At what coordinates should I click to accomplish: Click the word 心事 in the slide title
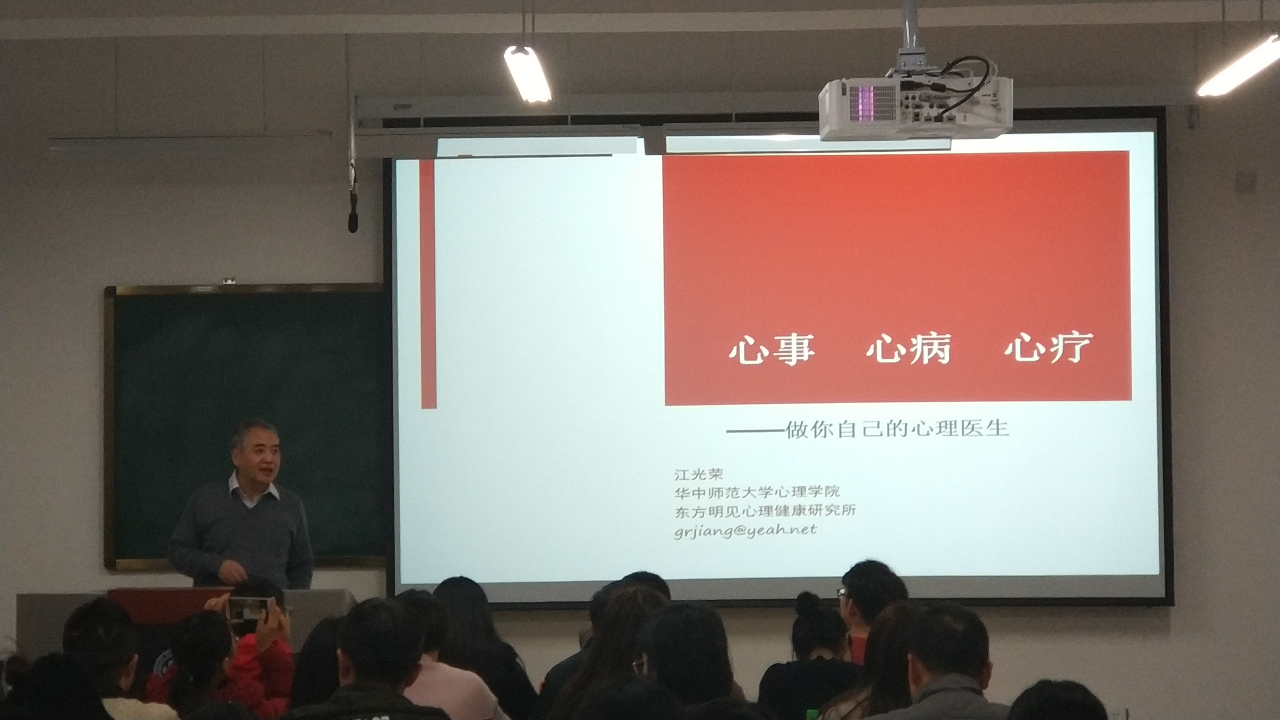[772, 350]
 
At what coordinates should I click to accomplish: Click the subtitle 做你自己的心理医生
[897, 429]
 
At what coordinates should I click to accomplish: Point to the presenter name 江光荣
[699, 475]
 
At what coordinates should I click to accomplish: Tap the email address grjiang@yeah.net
[745, 530]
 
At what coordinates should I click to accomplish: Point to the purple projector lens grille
[873, 103]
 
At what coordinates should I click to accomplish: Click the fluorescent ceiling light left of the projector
[527, 74]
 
